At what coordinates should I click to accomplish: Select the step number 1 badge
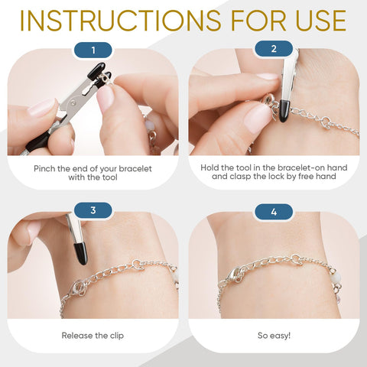(x=93, y=51)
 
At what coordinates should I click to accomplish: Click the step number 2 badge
(x=274, y=51)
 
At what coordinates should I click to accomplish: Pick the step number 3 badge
(x=93, y=210)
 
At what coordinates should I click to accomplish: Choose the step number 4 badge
(x=274, y=210)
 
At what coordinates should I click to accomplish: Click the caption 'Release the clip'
(x=93, y=335)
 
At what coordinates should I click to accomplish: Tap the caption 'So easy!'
(x=274, y=335)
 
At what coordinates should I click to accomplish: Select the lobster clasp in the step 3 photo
(x=80, y=288)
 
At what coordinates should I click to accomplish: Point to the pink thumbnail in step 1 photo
(x=105, y=98)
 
